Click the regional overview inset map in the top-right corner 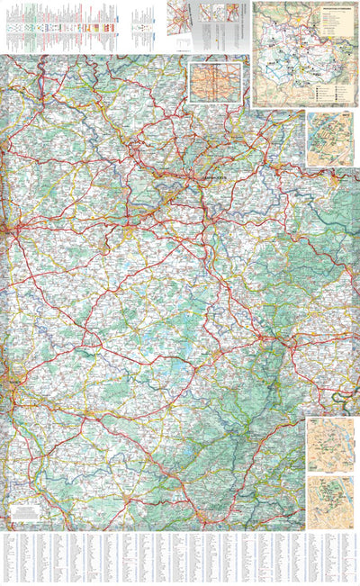pyautogui.click(x=305, y=54)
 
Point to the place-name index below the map pyautogui.click(x=180, y=558)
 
